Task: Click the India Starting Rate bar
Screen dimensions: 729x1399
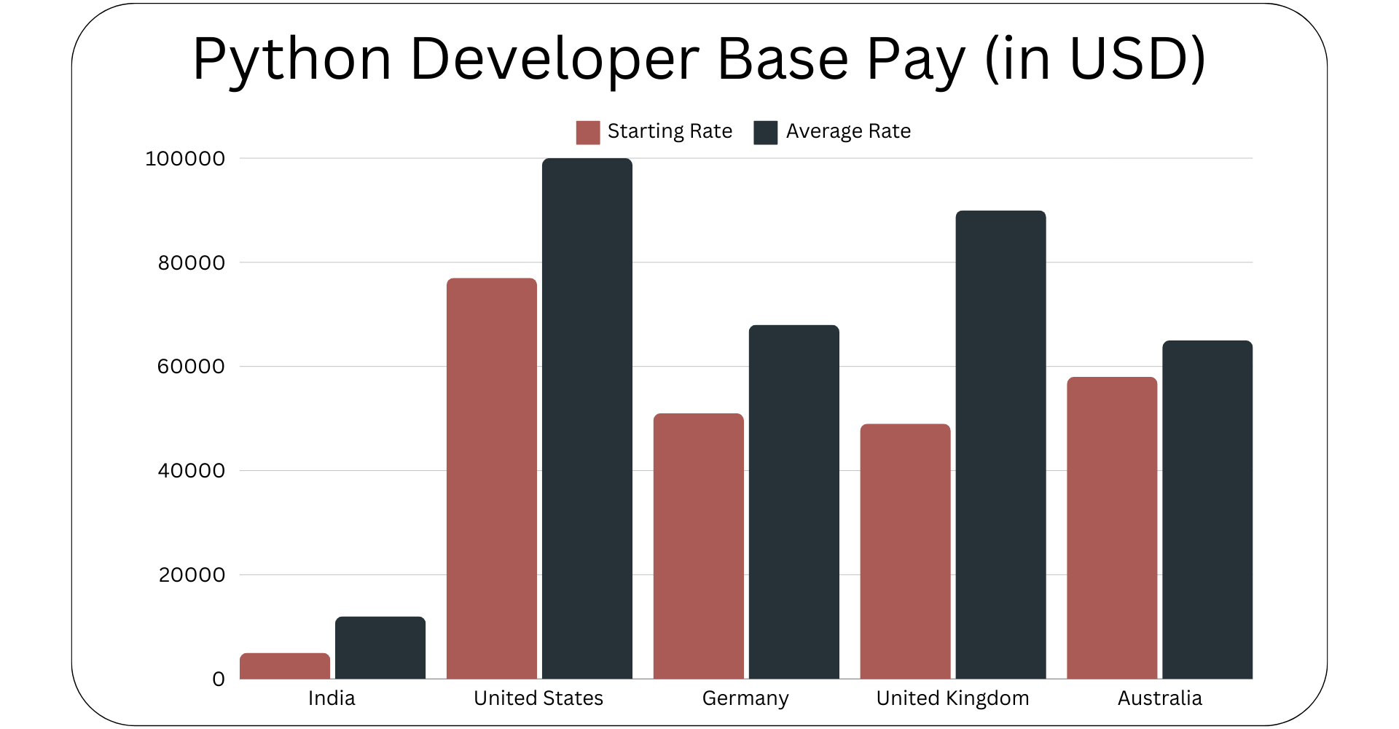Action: tap(285, 666)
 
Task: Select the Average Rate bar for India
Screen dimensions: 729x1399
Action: tap(380, 648)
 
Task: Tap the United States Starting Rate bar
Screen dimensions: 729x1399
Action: tap(492, 478)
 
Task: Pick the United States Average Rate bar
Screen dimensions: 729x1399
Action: tap(587, 418)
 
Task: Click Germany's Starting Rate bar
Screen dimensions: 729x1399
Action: tap(699, 546)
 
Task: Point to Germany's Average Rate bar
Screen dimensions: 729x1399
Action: tap(794, 502)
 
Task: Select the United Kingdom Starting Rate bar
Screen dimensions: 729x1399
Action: tap(905, 551)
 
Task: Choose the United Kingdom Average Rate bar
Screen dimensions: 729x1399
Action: tap(1000, 445)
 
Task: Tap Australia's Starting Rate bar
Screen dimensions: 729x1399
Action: tap(1112, 528)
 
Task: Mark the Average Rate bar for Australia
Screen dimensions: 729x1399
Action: tap(1207, 510)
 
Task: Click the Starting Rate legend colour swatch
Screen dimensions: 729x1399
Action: tap(588, 132)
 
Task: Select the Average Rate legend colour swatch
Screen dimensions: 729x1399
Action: tap(765, 132)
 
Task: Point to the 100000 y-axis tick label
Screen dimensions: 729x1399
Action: tap(185, 159)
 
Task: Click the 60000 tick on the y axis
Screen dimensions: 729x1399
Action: tap(191, 367)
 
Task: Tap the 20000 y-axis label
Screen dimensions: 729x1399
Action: tap(192, 575)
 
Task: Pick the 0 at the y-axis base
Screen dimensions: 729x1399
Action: tap(219, 679)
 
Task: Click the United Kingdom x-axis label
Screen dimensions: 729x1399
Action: tap(952, 698)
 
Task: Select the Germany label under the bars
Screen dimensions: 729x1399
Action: tap(745, 698)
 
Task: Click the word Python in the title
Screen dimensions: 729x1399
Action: tap(292, 60)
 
